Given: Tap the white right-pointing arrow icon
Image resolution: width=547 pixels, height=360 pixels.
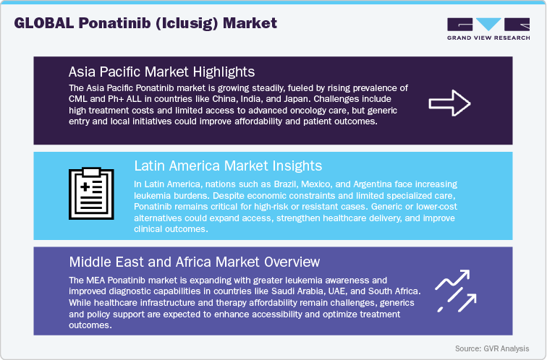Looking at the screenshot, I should pos(449,103).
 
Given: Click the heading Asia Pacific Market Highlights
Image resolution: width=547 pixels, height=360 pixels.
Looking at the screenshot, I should pos(161,72).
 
